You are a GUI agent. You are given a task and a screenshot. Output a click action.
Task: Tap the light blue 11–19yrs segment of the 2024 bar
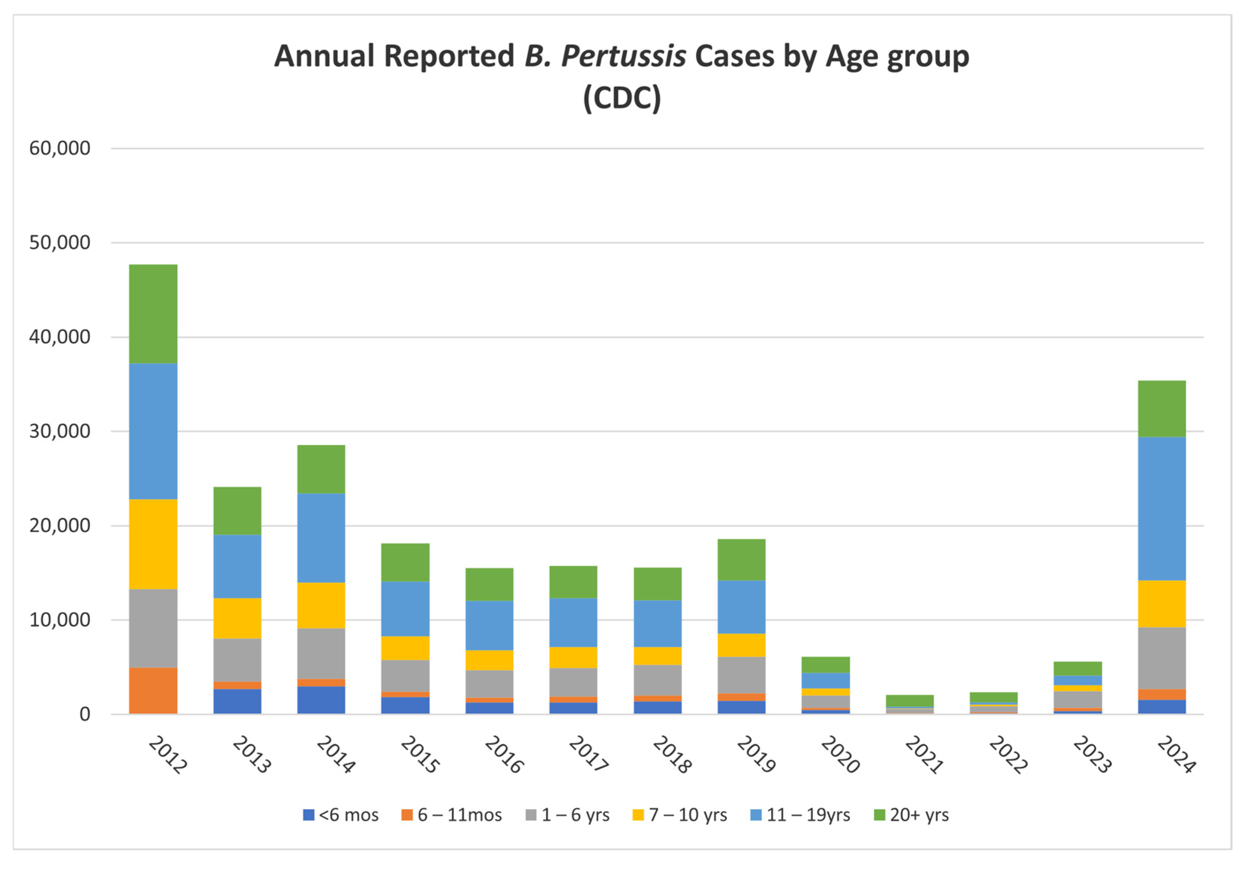pos(1162,509)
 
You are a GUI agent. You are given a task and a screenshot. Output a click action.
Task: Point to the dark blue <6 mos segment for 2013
pos(237,701)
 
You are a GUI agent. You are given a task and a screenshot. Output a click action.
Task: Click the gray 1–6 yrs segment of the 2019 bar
pos(741,675)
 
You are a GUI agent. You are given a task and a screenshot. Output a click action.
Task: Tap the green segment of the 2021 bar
pos(909,701)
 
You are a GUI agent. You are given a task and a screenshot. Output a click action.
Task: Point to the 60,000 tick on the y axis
pos(60,148)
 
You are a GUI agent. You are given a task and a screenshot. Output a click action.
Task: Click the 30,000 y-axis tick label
pos(60,431)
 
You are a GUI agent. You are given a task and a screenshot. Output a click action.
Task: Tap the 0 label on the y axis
pos(85,714)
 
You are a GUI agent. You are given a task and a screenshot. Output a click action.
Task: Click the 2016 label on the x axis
pos(504,754)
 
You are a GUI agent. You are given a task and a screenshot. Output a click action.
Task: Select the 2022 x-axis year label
pos(1008,754)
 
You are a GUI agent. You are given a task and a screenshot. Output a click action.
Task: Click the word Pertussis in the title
pos(623,56)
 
